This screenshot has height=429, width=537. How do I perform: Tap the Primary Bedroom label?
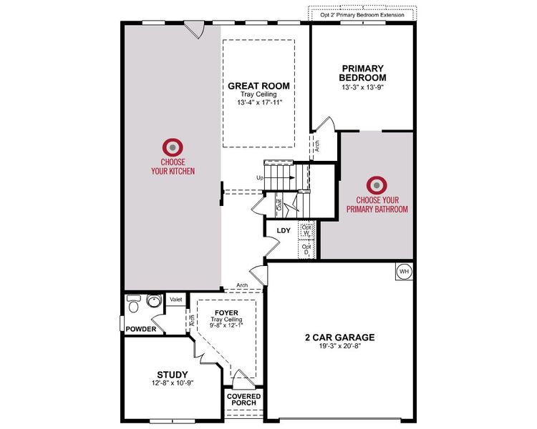coord(362,73)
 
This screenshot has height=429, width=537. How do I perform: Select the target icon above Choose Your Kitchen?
coord(173,147)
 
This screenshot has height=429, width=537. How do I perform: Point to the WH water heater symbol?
coord(403,271)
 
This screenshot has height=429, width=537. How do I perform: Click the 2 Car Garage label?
coord(339,337)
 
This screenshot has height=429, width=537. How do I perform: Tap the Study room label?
coord(172,374)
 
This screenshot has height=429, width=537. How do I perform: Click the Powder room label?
coord(141,329)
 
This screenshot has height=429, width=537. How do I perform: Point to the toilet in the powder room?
coord(133,303)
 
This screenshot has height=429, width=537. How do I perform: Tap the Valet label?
coord(175,301)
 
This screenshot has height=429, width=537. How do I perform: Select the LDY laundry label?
coord(283,230)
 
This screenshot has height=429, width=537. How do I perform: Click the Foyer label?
coord(226,312)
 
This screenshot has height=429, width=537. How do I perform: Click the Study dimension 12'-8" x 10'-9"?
coord(172,383)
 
